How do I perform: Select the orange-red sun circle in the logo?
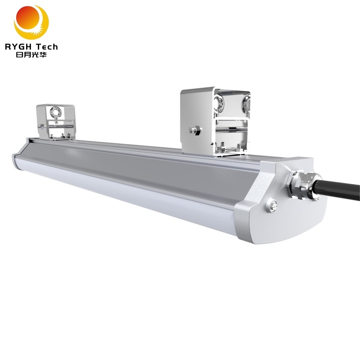click(28, 18)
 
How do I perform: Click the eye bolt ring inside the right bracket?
click(219, 102)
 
